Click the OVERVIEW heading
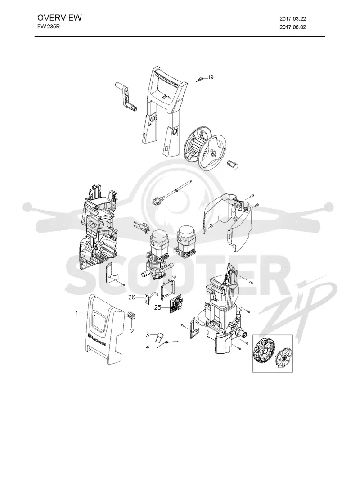pyautogui.click(x=59, y=18)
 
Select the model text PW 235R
pyautogui.click(x=49, y=27)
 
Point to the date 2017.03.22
pyautogui.click(x=292, y=19)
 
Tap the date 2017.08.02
pyautogui.click(x=292, y=27)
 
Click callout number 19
pyautogui.click(x=211, y=77)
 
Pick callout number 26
pyautogui.click(x=132, y=297)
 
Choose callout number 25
pyautogui.click(x=157, y=308)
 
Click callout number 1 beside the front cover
pyautogui.click(x=77, y=312)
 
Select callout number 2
pyautogui.click(x=132, y=331)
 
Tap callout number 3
pyautogui.click(x=147, y=335)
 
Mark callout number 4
pyautogui.click(x=147, y=347)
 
